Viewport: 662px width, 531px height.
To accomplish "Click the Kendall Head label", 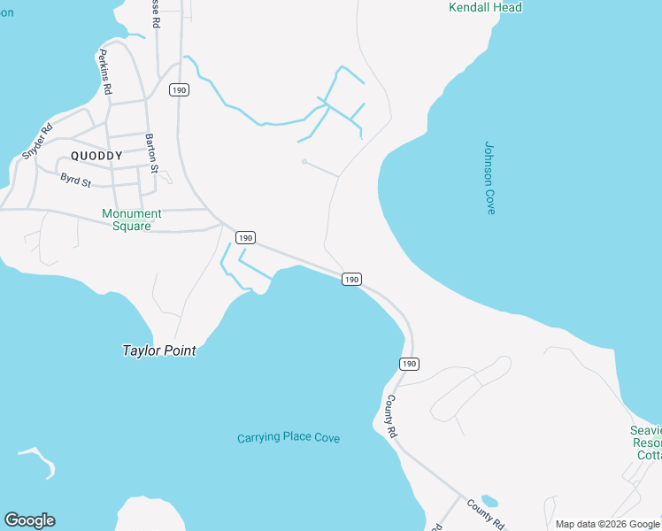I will pos(485,8).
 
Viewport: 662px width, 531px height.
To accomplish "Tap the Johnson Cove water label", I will pos(489,178).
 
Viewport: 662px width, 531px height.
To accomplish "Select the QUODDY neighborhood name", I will pos(96,156).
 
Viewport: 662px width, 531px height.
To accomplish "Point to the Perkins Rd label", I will pos(104,73).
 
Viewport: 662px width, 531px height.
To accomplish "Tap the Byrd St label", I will pos(76,180).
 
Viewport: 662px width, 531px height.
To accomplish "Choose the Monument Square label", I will pos(132,219).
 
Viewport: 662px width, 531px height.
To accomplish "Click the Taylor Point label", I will pos(158,350).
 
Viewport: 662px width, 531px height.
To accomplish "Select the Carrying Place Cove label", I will pos(289,438).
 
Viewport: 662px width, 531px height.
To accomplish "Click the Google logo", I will pos(29,519).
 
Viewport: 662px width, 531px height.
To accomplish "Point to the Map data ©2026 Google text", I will pos(607,524).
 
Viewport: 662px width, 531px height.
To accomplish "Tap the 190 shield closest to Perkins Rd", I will pos(180,90).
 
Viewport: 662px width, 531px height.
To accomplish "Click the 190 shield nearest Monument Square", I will pos(245,237).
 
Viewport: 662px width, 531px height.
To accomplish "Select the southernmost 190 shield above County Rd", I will pos(408,364).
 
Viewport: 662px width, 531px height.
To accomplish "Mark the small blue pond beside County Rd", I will pos(489,501).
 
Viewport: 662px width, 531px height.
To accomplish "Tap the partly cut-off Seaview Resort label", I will pos(646,442).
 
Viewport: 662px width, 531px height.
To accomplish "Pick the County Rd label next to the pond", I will pos(485,512).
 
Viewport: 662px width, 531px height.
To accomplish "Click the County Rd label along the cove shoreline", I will pos(389,414).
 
